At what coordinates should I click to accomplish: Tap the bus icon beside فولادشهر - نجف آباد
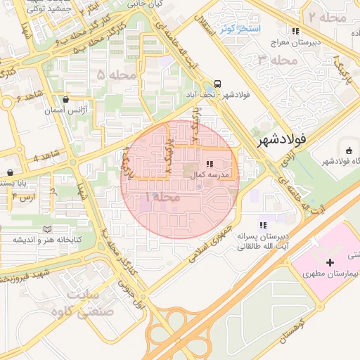click(x=218, y=82)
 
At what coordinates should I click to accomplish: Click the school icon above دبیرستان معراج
click(x=296, y=31)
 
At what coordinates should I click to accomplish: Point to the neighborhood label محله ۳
click(x=274, y=60)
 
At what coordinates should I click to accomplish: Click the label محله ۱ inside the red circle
click(x=163, y=199)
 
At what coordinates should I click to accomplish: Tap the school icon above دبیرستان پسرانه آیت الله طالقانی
click(x=262, y=225)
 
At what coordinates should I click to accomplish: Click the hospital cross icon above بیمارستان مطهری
click(x=311, y=262)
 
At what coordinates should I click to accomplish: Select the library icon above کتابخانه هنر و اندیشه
click(x=47, y=229)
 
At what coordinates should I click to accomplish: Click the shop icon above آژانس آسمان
click(x=66, y=100)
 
